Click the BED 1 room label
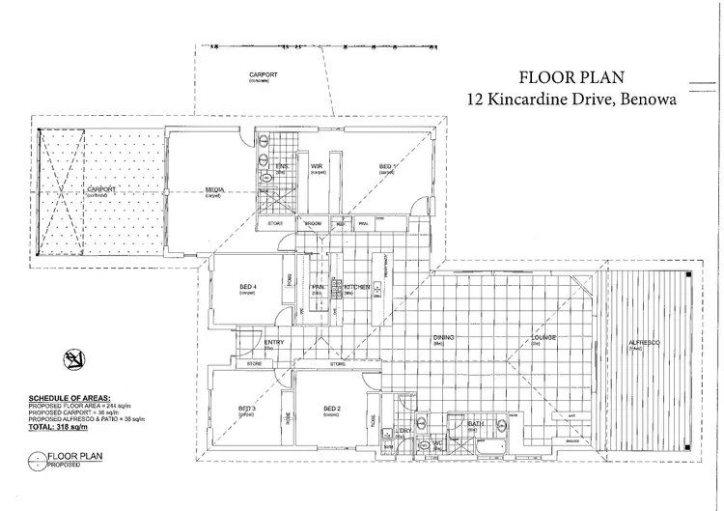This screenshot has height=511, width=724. pos(386,168)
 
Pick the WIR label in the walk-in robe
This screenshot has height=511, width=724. pos(316,167)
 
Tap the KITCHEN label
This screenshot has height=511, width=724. pos(357,287)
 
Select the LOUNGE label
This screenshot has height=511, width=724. pos(547,337)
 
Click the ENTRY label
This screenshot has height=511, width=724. pos(273,342)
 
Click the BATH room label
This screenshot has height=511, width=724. pos(473,424)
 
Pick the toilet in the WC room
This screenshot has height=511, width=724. pos(422,446)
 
